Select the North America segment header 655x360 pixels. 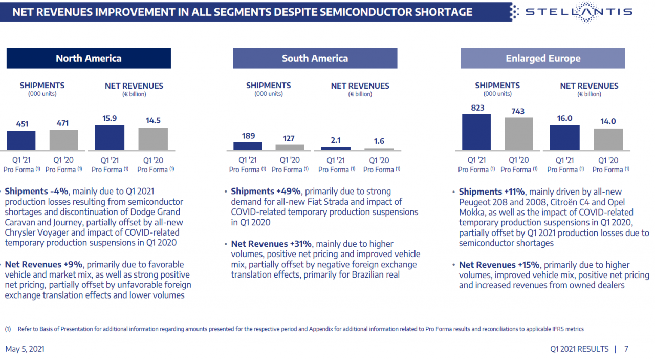89,58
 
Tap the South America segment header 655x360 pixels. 315,58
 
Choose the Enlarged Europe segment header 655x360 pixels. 543,58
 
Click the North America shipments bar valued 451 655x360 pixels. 21,140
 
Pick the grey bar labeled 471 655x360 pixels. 63,140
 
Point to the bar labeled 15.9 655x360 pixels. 110,138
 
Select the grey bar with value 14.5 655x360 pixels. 152,139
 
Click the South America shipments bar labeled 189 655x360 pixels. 248,146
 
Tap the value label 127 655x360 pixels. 290,138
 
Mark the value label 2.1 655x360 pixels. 336,140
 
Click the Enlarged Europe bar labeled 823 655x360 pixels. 476,132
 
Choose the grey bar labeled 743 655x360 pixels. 518,134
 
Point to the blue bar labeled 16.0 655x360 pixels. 564,138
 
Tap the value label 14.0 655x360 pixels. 608,122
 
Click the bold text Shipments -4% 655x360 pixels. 36,192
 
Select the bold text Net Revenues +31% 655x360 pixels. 271,244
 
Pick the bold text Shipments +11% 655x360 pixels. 492,192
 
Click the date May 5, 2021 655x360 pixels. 25,349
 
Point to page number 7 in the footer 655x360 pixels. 626,349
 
